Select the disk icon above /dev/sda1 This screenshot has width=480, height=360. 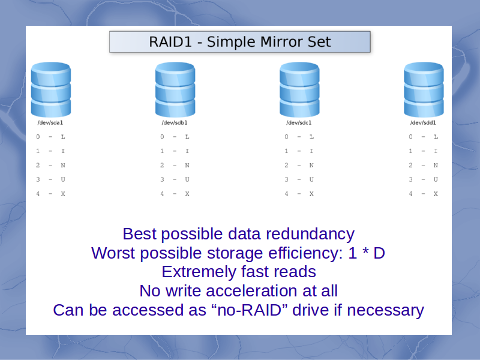tap(51, 89)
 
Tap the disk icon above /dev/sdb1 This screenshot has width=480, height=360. tap(175, 89)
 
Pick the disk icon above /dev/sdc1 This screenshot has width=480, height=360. tap(299, 89)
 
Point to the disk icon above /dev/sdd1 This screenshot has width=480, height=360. tap(424, 89)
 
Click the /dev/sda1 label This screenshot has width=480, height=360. tap(50, 123)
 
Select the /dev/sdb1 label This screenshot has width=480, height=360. tap(175, 123)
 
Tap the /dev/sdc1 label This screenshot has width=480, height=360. tap(299, 123)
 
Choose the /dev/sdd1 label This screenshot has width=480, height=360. tap(423, 123)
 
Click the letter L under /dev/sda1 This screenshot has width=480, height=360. tap(63, 137)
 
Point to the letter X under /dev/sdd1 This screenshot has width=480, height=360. tap(436, 194)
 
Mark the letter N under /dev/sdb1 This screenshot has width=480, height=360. tap(187, 166)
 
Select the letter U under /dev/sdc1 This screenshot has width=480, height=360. tap(311, 179)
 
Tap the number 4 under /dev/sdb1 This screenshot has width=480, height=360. tap(162, 194)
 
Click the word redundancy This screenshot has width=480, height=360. tap(310, 235)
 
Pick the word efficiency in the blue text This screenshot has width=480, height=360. tap(305, 253)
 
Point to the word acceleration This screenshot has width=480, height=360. tap(252, 291)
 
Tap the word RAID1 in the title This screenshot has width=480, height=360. tap(170, 42)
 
